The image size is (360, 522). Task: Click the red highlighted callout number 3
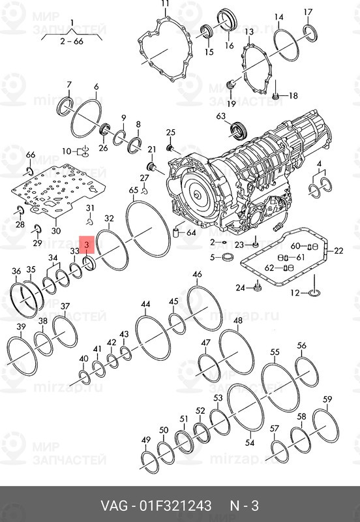[87, 243]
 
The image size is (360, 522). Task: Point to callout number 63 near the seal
[220, 117]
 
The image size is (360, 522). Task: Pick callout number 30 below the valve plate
[55, 230]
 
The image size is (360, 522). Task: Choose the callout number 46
[197, 275]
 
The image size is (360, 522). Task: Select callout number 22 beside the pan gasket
[338, 251]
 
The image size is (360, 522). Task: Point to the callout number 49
[145, 439]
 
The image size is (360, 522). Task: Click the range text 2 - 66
[71, 40]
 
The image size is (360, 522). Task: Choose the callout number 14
[278, 17]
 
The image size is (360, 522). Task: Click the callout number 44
[145, 305]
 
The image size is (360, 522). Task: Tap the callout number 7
[69, 85]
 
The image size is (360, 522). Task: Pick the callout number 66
[30, 154]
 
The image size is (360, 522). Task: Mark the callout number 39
[21, 327]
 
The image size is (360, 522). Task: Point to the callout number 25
[170, 133]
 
